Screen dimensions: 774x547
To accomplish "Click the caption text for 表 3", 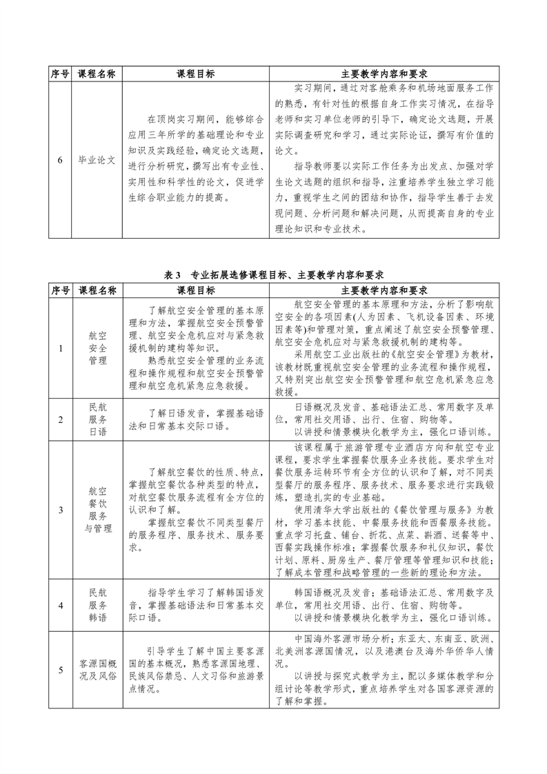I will pos(274,275).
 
